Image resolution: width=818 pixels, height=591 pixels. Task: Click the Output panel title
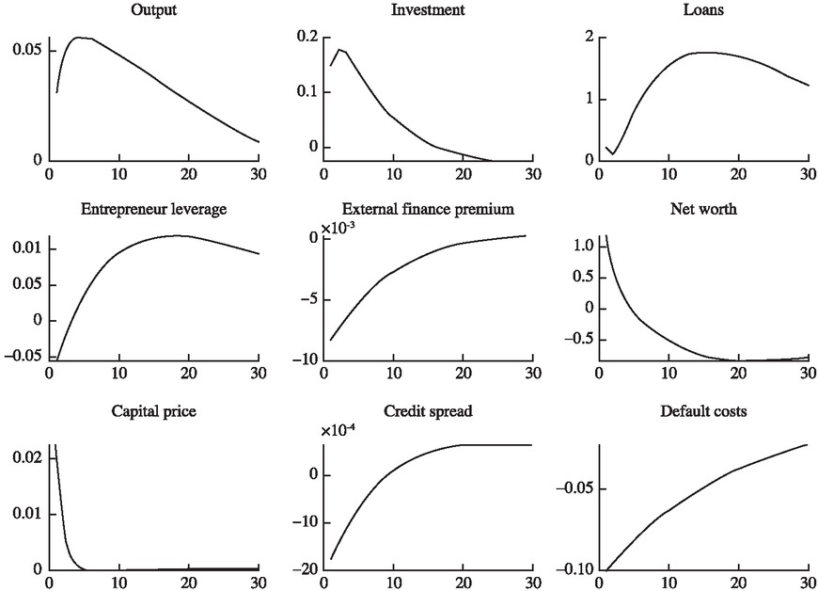(153, 9)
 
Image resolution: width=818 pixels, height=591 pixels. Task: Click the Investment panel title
(428, 9)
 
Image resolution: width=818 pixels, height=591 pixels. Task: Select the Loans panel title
(700, 9)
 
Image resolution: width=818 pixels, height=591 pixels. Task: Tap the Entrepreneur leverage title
(153, 209)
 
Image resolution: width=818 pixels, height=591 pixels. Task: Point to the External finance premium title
(428, 209)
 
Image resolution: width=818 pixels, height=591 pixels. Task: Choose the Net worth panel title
(701, 209)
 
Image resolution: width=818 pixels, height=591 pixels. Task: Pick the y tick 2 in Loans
(589, 37)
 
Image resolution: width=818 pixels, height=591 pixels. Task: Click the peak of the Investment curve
(339, 50)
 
